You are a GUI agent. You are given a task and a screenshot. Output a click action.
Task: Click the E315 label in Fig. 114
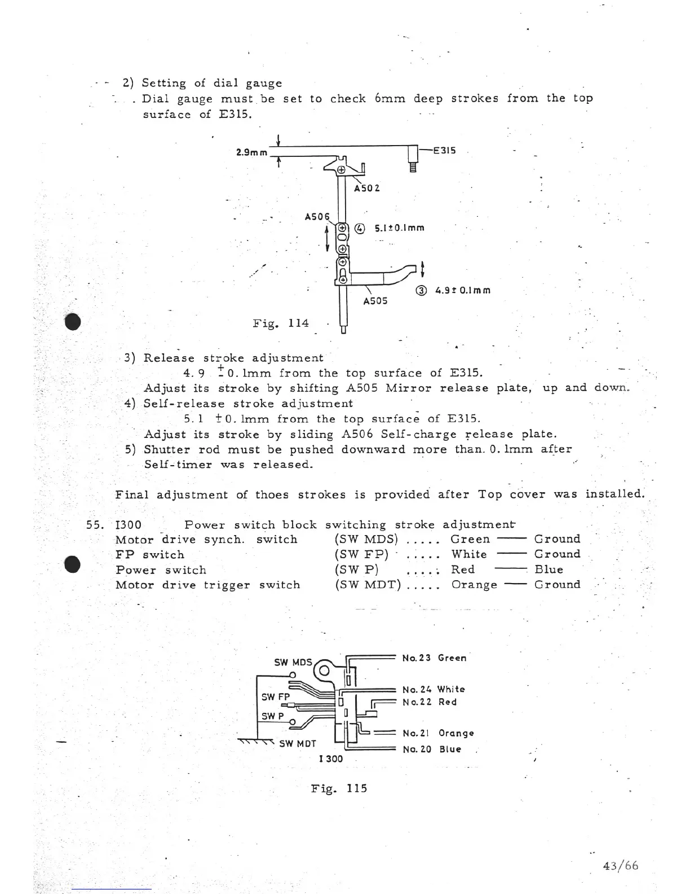tap(444, 151)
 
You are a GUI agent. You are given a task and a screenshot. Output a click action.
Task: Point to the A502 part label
tap(366, 188)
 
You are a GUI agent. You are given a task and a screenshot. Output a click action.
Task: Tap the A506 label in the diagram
tap(316, 216)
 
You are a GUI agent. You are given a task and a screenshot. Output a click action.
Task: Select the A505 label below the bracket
tap(375, 301)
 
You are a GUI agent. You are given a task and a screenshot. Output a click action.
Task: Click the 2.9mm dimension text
tap(251, 152)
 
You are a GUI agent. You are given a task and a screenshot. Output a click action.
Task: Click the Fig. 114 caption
tap(281, 323)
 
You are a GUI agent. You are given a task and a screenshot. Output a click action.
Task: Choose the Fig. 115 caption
tap(339, 788)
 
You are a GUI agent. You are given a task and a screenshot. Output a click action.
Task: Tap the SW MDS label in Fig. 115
tap(293, 662)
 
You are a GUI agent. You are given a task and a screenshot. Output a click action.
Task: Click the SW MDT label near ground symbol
tap(297, 743)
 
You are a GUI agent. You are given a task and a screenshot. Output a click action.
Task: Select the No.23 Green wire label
tap(434, 658)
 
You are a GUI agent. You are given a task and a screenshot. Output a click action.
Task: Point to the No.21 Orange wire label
tap(438, 733)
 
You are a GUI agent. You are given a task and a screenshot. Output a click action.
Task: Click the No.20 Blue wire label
tap(432, 750)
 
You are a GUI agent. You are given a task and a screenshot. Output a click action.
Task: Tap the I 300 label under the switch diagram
tap(330, 759)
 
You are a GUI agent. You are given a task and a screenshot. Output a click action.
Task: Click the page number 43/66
tap(620, 866)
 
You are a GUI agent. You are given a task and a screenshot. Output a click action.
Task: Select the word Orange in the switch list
tap(474, 585)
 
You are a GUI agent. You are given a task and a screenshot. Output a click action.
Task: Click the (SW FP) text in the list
tap(361, 555)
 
